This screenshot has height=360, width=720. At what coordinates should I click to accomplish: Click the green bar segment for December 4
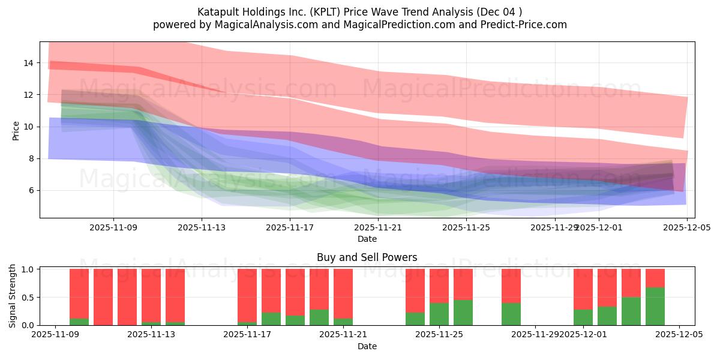655,306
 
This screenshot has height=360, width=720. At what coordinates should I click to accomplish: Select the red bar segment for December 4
655,278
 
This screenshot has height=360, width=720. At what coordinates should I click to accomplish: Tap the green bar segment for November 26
463,313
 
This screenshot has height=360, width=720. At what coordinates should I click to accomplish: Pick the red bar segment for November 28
511,286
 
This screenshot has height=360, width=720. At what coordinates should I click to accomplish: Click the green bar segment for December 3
631,311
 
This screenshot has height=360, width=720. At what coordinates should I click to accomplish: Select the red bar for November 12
127,297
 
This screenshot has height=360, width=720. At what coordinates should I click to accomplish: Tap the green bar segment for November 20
319,317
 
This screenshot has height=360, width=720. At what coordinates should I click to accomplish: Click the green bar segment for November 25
439,314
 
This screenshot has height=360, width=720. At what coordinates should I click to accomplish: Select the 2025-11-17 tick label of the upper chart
290,227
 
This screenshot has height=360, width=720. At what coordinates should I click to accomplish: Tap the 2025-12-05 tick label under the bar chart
679,335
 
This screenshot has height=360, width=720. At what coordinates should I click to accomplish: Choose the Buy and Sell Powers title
367,257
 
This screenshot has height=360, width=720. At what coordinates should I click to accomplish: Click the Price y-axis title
16,130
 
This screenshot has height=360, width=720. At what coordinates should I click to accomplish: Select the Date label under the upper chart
367,239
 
